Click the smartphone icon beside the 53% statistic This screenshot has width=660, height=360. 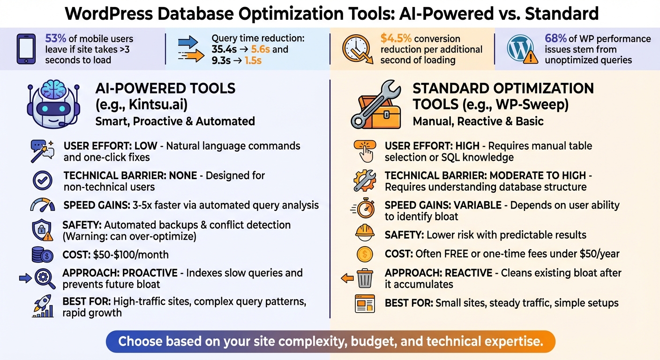(26, 49)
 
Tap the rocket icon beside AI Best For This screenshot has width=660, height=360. (44, 307)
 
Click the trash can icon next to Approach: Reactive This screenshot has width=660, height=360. (365, 278)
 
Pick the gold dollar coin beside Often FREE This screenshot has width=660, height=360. (365, 254)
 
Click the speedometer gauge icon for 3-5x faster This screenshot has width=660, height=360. (43, 205)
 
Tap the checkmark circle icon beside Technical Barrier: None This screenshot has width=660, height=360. (43, 181)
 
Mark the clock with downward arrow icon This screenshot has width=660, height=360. (358, 49)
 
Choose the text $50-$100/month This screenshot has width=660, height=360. (131, 255)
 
